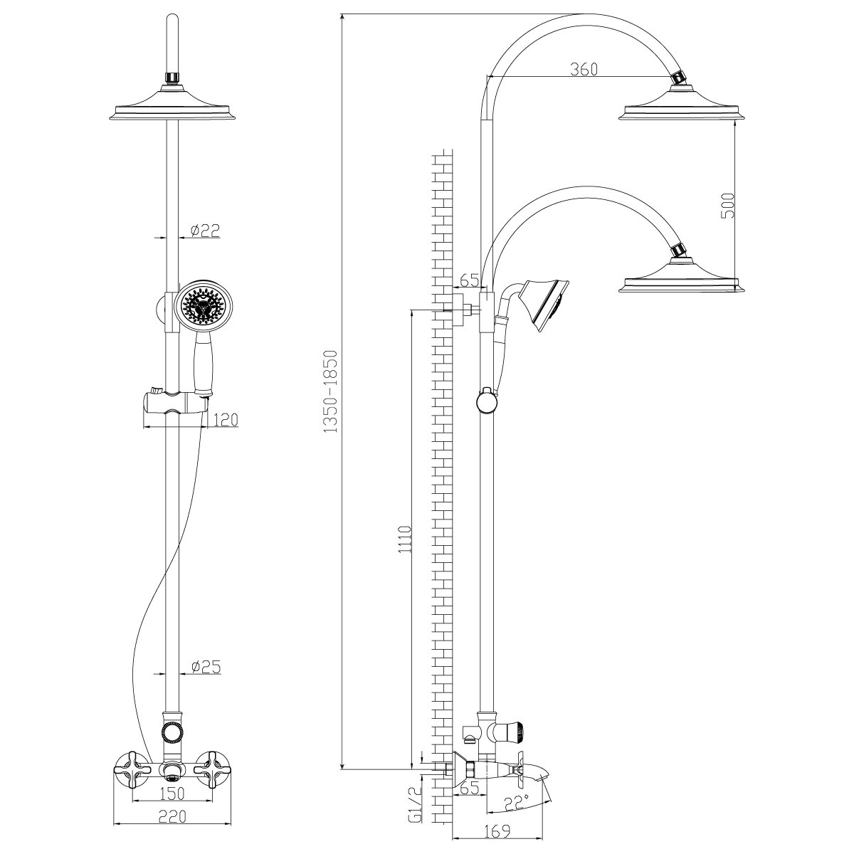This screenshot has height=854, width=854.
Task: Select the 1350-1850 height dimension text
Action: (330, 391)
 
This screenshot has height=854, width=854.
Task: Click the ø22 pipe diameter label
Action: (205, 229)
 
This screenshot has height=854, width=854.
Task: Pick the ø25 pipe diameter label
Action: (205, 667)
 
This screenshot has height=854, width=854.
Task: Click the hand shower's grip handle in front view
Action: (204, 363)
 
